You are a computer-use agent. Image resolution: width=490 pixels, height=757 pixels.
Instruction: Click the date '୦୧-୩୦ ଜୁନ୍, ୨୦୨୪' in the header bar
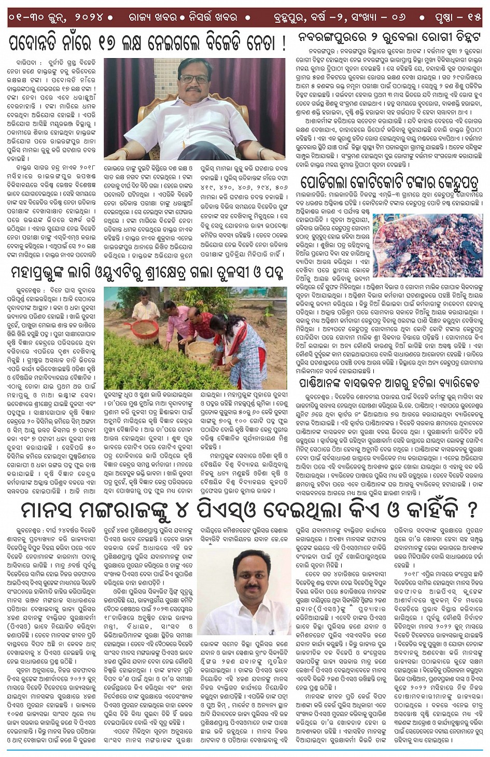point(58,17)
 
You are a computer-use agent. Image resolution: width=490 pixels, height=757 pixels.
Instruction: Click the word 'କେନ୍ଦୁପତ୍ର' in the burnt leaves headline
point(450,183)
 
